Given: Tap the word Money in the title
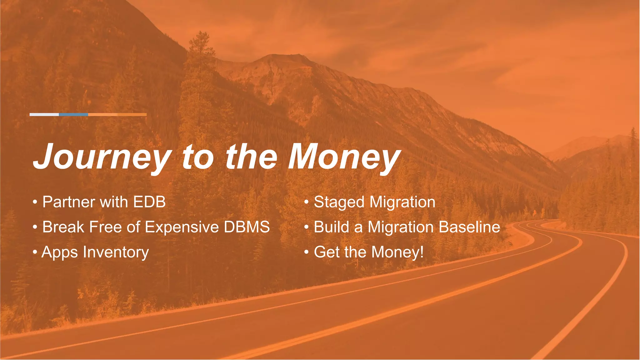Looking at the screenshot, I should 344,157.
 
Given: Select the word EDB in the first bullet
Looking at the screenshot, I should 149,202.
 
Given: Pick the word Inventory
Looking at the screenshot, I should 116,252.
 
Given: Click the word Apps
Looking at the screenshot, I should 59,252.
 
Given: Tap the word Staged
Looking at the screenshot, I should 339,202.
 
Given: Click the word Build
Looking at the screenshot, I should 332,227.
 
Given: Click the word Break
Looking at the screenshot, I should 63,227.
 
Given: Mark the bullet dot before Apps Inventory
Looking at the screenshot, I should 35,252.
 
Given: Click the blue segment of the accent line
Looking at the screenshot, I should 73,115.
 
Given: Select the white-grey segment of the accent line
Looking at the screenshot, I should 44,115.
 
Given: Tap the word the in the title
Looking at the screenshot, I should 251,157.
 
